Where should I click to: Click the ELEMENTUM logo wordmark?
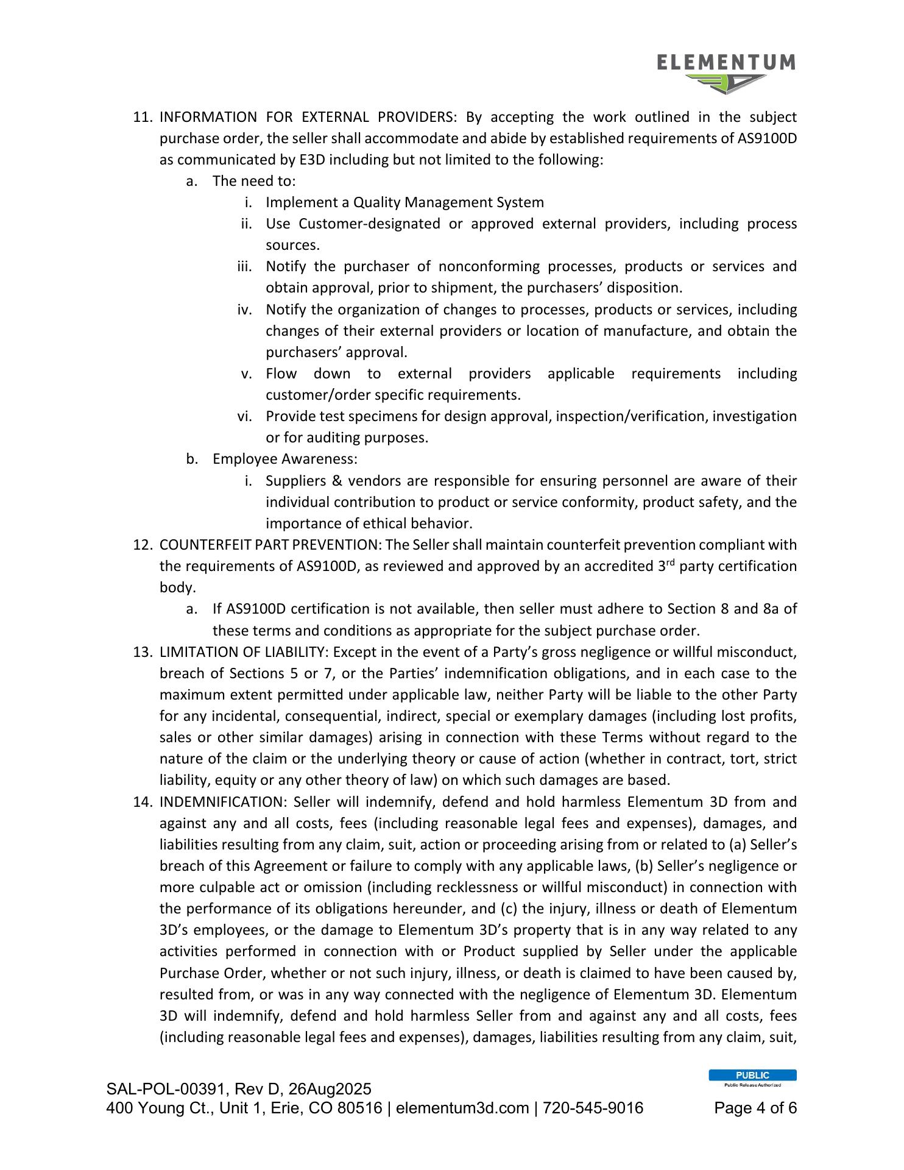click(726, 63)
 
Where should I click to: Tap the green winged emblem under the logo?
click(726, 83)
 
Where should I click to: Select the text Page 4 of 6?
click(755, 1108)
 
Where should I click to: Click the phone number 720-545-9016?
click(593, 1108)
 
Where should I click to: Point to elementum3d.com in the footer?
click(462, 1108)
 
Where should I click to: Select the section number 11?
click(142, 117)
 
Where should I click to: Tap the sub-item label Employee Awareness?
click(284, 459)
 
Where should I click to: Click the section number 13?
click(142, 652)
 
